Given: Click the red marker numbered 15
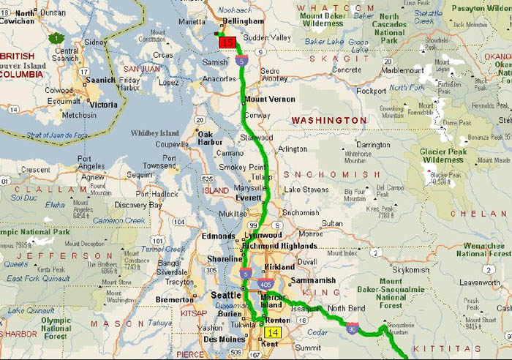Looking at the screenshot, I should coord(227,43).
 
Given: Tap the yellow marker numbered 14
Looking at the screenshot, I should coord(271,331).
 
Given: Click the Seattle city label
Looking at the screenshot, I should coord(225,295).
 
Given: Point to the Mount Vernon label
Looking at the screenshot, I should coord(271,99).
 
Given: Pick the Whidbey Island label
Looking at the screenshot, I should coord(154,133).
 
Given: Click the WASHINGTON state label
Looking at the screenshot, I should coord(329,119).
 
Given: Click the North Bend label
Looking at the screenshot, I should coord(346,308).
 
